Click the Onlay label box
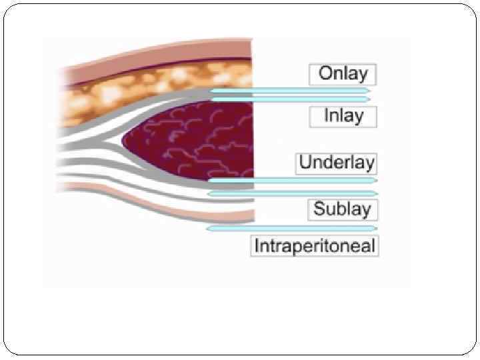343,74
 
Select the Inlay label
343,116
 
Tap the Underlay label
337,163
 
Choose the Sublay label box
342,209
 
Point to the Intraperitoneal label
315,245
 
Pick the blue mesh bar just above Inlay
290,99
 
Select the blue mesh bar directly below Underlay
293,180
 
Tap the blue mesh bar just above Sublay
293,193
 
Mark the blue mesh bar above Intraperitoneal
292,228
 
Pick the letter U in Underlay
306,163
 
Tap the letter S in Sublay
319,209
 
